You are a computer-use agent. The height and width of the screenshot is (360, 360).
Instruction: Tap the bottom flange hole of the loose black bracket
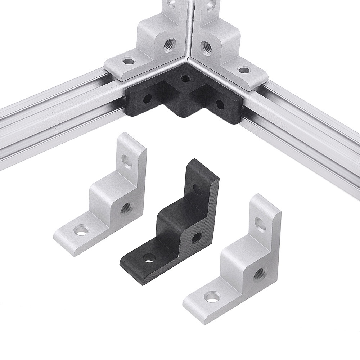149,258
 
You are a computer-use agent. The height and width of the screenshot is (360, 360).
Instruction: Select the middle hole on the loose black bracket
197,237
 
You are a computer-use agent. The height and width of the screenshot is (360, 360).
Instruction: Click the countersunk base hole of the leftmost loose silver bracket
82,229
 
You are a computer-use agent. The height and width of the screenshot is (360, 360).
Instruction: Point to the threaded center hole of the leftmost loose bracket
126,207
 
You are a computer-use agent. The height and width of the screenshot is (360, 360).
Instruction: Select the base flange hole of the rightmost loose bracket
212,297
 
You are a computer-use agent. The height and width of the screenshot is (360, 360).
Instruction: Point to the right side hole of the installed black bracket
219,104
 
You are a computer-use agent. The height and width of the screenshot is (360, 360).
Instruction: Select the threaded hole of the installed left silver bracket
168,45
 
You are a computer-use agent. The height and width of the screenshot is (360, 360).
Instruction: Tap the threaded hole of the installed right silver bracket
206,46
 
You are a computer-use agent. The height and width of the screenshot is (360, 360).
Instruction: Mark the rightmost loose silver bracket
238,266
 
